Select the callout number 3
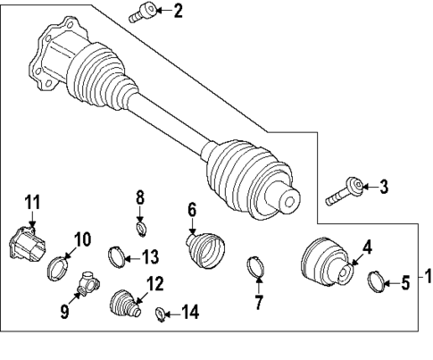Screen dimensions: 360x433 pos(383,187)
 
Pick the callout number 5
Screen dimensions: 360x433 pos(404,284)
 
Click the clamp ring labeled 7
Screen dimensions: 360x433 pos(255,267)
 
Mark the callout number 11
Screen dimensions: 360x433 pos(32,202)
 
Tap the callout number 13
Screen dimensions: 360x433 pos(149,257)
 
